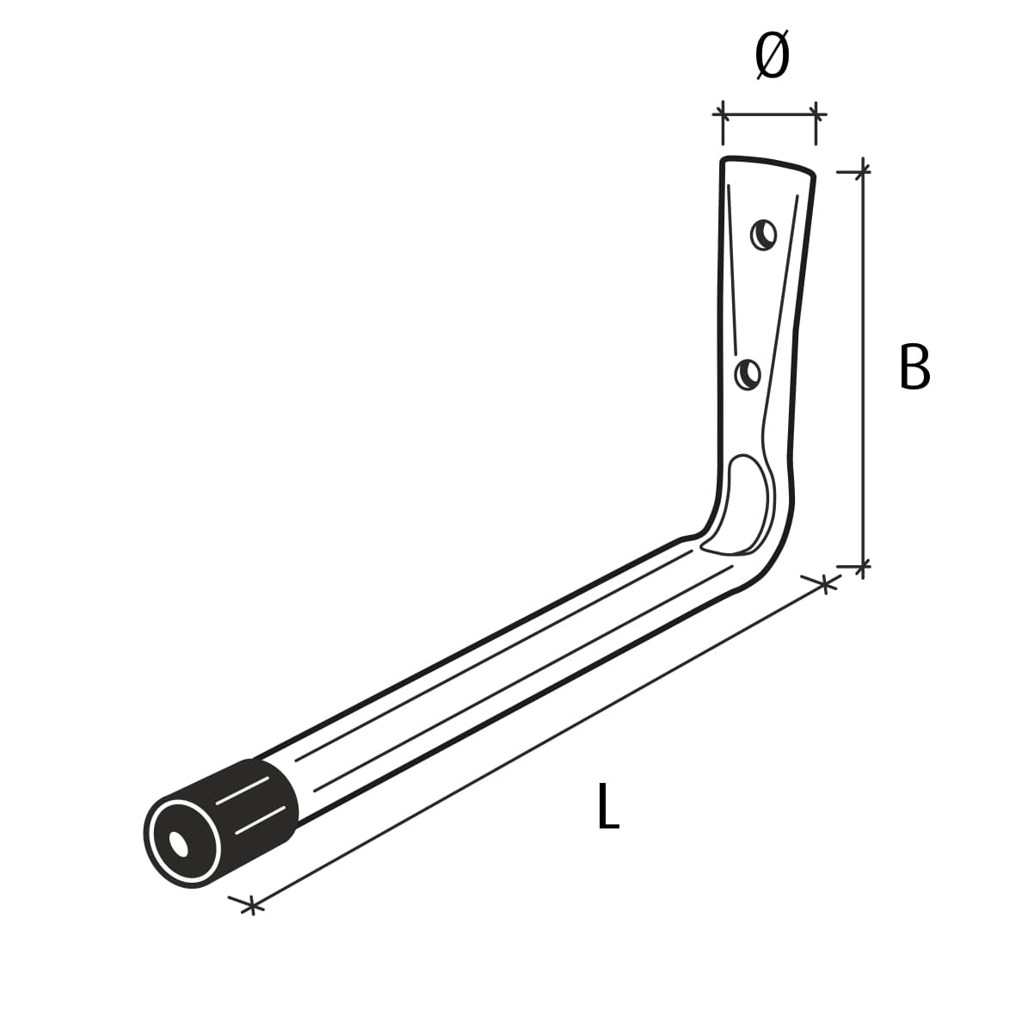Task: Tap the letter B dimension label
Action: coord(914,367)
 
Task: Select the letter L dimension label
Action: coord(607,806)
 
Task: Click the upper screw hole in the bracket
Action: coord(763,233)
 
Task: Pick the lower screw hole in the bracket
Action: coord(748,373)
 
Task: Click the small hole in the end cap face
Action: coord(179,844)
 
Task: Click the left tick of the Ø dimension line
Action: coord(722,113)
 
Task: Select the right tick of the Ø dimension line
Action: coord(816,113)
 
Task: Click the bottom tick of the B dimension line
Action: coord(863,566)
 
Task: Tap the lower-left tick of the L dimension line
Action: coord(250,904)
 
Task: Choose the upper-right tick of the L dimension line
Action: coord(826,584)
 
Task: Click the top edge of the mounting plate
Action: coord(768,163)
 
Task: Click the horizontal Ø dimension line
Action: coord(769,113)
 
